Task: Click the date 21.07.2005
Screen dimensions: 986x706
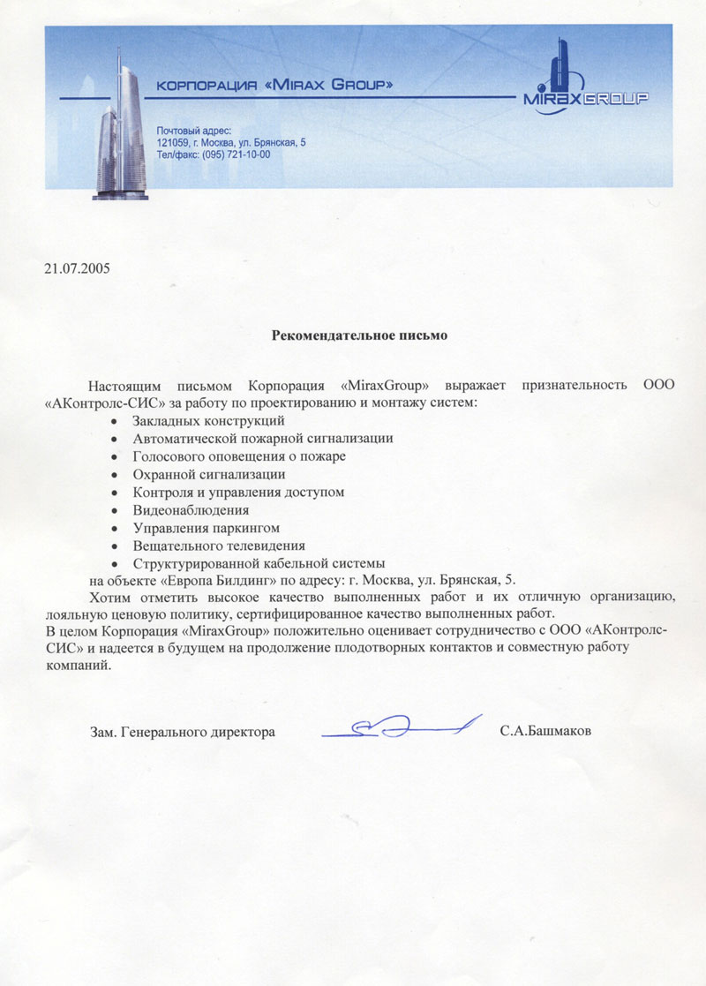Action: tap(77, 267)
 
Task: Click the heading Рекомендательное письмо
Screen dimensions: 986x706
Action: tap(359, 335)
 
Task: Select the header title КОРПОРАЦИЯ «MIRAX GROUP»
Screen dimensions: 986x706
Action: tap(274, 86)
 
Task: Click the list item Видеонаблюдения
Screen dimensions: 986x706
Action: tap(191, 509)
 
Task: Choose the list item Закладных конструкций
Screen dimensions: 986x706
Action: tap(208, 420)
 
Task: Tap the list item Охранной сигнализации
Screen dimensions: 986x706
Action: tap(209, 474)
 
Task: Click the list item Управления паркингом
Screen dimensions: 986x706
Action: tap(206, 527)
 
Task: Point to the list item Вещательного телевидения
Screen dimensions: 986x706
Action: tap(219, 545)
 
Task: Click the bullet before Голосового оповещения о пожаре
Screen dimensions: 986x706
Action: tap(115, 457)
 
